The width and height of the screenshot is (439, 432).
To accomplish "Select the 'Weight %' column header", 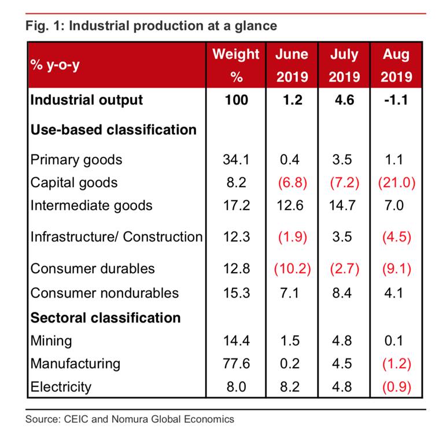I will pyautogui.click(x=236, y=65).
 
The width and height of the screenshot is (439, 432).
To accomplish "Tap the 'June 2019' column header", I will pyautogui.click(x=292, y=65).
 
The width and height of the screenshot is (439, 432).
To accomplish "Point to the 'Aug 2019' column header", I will pyautogui.click(x=396, y=65).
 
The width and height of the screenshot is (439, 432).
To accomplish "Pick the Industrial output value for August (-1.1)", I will pyautogui.click(x=396, y=100).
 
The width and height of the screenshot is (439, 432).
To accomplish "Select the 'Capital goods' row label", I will pyautogui.click(x=73, y=182).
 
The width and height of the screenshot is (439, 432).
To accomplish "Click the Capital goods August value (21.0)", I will pyautogui.click(x=396, y=182).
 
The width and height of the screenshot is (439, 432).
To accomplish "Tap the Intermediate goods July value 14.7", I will pyautogui.click(x=344, y=205).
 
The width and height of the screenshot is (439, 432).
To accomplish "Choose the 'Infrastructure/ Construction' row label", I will pyautogui.click(x=116, y=236).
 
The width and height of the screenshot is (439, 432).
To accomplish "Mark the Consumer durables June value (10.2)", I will pyautogui.click(x=292, y=268).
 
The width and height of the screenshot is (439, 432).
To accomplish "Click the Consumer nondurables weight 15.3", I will pyautogui.click(x=236, y=292).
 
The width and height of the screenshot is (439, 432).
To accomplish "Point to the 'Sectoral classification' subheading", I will pyautogui.click(x=105, y=317).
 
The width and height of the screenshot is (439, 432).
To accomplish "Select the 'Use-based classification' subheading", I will pyautogui.click(x=113, y=129).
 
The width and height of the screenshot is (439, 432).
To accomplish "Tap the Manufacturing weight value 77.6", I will pyautogui.click(x=236, y=363).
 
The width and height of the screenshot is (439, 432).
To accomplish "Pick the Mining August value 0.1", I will pyautogui.click(x=396, y=341).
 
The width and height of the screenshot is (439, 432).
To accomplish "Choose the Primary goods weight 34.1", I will pyautogui.click(x=236, y=159).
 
